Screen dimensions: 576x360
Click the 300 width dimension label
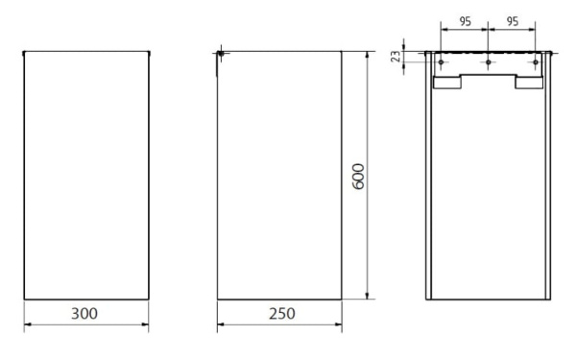point(84,313)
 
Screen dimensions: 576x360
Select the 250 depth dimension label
point(281,313)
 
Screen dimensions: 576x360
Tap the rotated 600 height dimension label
point(358,177)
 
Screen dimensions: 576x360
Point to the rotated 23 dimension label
point(396,57)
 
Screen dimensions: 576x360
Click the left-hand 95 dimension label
point(465,22)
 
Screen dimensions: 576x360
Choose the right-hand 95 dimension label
point(513,21)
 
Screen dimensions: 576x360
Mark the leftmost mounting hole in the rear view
point(441,62)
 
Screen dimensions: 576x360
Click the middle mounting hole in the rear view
point(489,62)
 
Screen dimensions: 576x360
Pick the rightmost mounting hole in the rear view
point(536,62)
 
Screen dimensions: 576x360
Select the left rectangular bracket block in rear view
point(447,82)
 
